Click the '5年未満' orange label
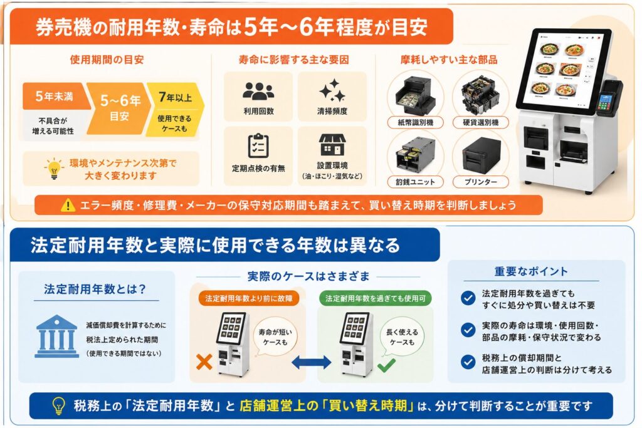(x=55, y=96)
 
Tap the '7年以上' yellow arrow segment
(x=176, y=109)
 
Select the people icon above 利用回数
(x=258, y=91)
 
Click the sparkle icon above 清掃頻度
(x=332, y=90)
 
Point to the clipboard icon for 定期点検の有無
(x=258, y=145)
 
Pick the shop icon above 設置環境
(x=332, y=144)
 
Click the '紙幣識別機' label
(x=415, y=122)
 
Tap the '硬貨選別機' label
(x=481, y=122)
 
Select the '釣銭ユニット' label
(x=415, y=182)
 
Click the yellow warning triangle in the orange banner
(x=68, y=205)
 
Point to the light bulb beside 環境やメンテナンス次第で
(x=54, y=168)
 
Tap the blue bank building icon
(x=56, y=336)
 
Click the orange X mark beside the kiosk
(x=204, y=362)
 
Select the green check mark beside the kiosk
(x=386, y=365)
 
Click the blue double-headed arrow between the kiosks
(x=311, y=362)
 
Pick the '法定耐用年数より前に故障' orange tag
(x=248, y=298)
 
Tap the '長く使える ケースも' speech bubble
(x=402, y=337)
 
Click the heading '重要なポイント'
(x=531, y=271)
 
